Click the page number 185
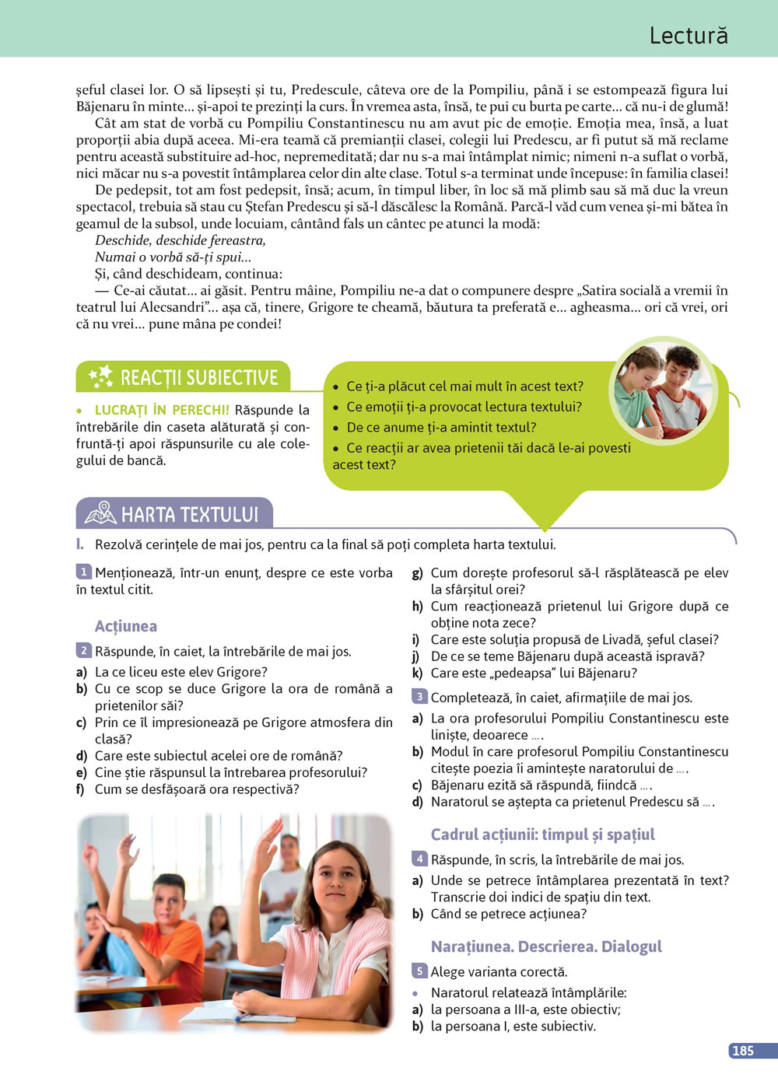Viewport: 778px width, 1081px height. (743, 1051)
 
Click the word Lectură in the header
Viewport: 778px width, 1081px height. (689, 36)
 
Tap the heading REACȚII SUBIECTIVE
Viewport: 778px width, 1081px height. (199, 378)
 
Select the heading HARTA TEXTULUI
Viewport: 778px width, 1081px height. (190, 515)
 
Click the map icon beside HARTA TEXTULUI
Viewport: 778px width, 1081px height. (100, 513)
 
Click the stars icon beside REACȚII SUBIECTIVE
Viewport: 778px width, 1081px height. (101, 377)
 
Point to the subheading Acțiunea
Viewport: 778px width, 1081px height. (126, 626)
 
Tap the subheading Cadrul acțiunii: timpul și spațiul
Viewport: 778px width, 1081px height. (542, 834)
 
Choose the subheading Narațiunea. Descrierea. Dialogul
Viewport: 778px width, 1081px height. (546, 946)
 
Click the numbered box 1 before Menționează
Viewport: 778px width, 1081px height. (84, 572)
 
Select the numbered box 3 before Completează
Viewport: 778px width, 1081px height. (419, 697)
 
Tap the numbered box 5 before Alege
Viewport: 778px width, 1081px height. (419, 971)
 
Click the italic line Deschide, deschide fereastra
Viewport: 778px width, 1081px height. (180, 240)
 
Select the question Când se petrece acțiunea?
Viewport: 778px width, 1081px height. (509, 914)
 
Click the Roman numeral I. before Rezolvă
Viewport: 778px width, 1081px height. (80, 544)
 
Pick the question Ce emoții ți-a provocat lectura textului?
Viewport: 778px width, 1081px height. (464, 407)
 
